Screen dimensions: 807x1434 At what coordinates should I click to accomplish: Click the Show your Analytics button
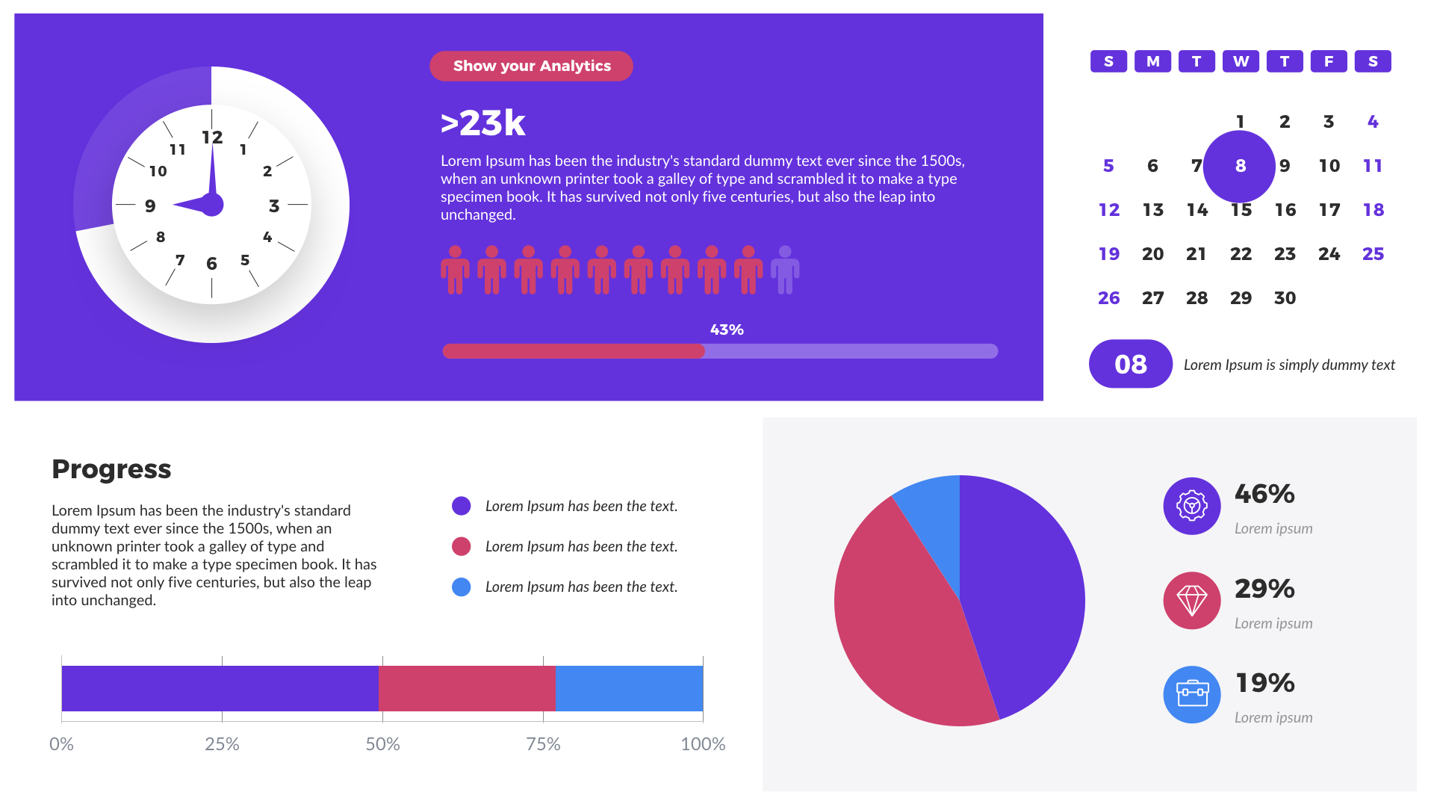[x=531, y=66]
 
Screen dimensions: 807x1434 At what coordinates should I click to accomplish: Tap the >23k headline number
[x=483, y=123]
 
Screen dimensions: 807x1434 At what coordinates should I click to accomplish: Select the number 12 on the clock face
[x=212, y=137]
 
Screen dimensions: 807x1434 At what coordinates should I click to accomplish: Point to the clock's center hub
[x=212, y=204]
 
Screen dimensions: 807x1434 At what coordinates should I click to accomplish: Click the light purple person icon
[x=784, y=270]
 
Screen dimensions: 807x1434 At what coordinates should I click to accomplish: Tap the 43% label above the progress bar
[x=726, y=330]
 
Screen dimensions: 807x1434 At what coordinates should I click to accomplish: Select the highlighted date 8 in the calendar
[x=1240, y=166]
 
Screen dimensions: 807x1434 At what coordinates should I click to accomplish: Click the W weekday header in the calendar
[x=1241, y=61]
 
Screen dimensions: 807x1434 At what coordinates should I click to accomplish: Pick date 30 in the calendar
[x=1285, y=298]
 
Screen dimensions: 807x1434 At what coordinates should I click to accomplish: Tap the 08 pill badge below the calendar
[x=1130, y=364]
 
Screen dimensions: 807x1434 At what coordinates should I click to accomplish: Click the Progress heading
[x=111, y=469]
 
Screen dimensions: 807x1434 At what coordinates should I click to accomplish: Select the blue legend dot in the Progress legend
[x=462, y=587]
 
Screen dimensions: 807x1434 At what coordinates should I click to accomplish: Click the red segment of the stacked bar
[x=467, y=688]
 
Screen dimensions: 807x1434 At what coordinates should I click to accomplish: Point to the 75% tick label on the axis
[x=543, y=743]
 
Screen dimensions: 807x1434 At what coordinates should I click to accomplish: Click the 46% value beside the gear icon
[x=1264, y=494]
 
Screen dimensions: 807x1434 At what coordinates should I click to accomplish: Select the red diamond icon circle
[x=1191, y=601]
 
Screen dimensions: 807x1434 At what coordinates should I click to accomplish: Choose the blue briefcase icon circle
[x=1191, y=694]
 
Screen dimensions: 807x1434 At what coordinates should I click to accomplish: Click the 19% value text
[x=1264, y=683]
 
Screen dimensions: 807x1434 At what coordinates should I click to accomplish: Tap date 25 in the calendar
[x=1372, y=254]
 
